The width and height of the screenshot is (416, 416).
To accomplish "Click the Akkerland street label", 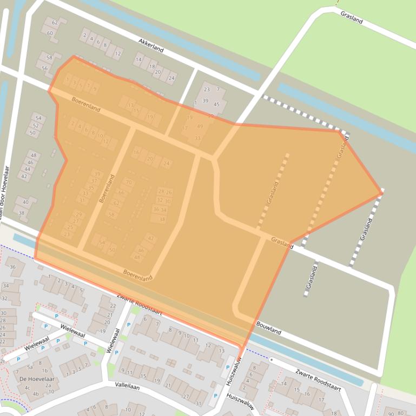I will click(151, 45).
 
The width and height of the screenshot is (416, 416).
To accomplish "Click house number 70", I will click(128, 182).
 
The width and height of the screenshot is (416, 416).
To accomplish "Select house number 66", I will click(121, 192).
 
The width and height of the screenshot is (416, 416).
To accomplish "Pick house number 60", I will click(50, 33).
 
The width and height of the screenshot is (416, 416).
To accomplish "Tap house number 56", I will click(44, 68).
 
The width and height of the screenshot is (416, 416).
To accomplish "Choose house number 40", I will click(25, 202).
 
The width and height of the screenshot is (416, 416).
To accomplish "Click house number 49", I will click(200, 126).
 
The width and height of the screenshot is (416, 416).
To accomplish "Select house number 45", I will click(216, 104).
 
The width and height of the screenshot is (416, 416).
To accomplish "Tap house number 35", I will click(91, 187).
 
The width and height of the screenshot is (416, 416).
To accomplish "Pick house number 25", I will click(70, 227).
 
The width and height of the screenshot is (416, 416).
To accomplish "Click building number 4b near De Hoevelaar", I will click(36, 394).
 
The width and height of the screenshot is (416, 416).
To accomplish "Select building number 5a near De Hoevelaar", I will click(30, 367).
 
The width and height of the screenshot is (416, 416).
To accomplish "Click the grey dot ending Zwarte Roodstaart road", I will click(271, 359).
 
